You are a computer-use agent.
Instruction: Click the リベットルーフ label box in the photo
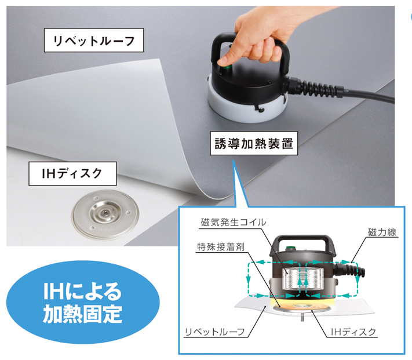pos(94,40)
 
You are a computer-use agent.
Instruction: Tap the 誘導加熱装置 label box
pos(254,143)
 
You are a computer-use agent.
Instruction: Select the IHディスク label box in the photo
pos(72,174)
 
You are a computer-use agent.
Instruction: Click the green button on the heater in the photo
pos(226,69)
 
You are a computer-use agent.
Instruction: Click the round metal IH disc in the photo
pos(105,214)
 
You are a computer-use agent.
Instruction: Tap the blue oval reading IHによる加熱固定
pos(83,302)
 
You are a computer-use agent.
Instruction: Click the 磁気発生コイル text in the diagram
pos(234,223)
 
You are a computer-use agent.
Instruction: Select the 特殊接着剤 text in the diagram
pos(221,247)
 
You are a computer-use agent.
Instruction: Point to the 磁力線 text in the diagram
pos(382,232)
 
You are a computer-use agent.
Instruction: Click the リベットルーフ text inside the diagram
pos(214,332)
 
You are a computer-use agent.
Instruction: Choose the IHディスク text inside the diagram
pos(353,332)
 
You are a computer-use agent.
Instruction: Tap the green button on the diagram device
pos(290,248)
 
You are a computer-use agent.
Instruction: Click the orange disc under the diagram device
pos(302,307)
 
